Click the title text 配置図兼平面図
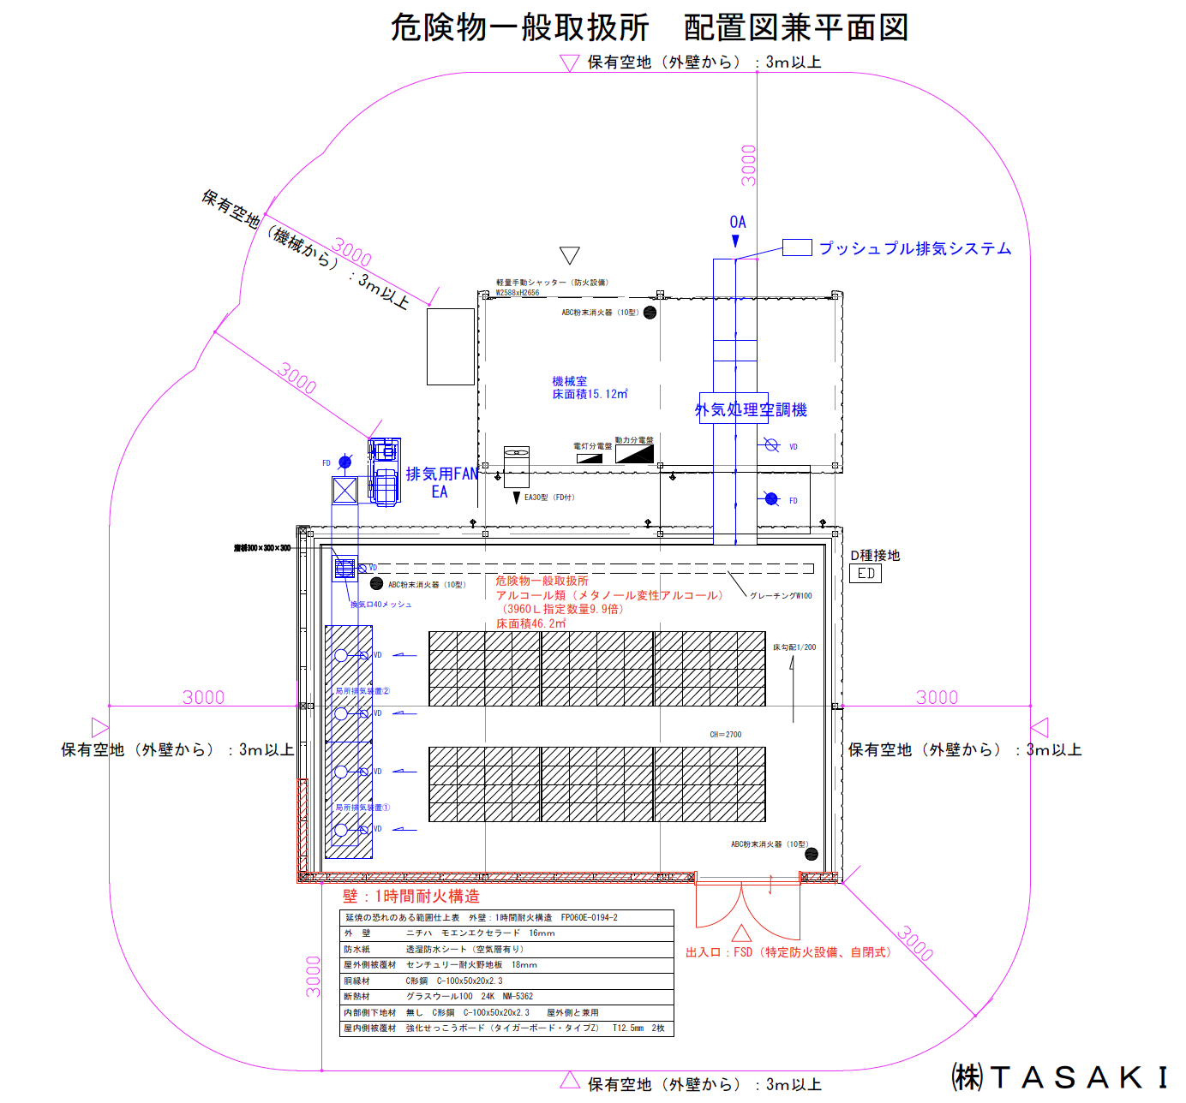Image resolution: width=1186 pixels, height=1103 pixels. coord(795,27)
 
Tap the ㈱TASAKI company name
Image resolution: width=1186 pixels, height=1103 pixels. coord(1060,1077)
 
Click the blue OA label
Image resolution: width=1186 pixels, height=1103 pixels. coord(738,223)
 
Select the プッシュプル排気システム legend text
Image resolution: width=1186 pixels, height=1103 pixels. coord(915,248)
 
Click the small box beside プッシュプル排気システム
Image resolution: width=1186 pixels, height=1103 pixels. coord(797,247)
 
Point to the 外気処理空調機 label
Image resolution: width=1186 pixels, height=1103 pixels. coord(751,410)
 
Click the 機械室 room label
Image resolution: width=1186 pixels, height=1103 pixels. coord(570,381)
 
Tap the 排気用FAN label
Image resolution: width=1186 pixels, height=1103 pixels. coord(441,474)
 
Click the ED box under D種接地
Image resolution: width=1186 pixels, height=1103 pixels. coord(866,574)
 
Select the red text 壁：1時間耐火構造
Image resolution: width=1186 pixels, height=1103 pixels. coord(411,896)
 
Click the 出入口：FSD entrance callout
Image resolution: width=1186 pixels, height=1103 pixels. coord(788,952)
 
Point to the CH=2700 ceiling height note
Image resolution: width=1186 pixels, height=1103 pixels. coord(725,735)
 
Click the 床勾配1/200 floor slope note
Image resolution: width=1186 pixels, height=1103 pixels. coord(794,647)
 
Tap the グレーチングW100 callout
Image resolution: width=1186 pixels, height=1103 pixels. coord(781,596)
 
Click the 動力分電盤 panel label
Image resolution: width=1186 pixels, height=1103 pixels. coord(634,440)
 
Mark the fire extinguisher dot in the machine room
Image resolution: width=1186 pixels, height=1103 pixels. coord(650,313)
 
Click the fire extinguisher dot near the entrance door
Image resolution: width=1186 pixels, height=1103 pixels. coord(812,854)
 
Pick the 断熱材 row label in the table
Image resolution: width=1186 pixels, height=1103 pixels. coord(357,996)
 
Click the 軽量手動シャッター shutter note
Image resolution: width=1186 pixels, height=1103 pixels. coord(552,283)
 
